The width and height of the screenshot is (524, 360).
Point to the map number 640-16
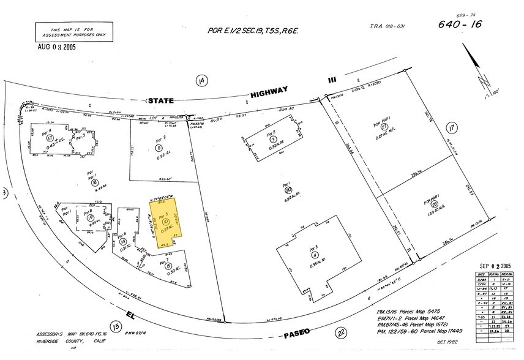point(458,24)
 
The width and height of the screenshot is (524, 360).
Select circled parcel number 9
point(159,148)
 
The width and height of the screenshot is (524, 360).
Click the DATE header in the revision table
point(481,274)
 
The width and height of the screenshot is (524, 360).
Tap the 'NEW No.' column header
point(507,274)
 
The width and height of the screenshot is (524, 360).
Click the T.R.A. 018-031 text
point(387,26)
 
